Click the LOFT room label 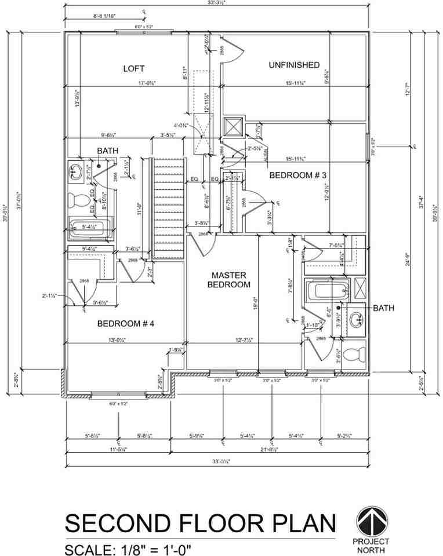(x=133, y=68)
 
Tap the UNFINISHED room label (x=294, y=65)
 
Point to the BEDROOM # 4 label (x=125, y=323)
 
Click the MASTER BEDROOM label (x=230, y=280)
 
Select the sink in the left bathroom (x=75, y=172)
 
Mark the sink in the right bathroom (x=354, y=318)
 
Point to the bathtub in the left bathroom (x=87, y=228)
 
